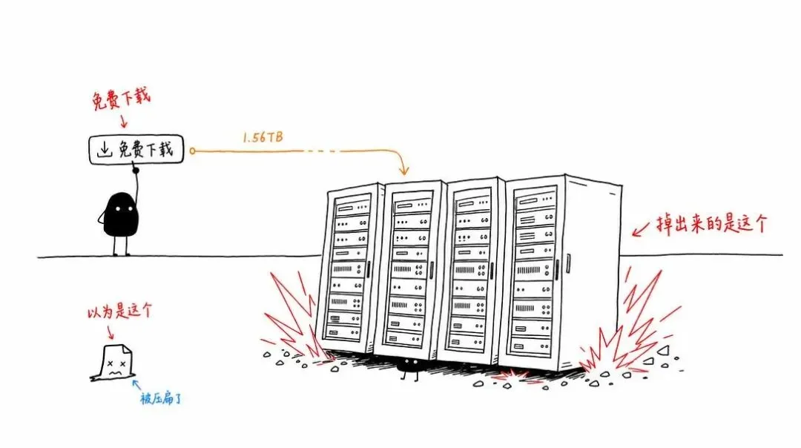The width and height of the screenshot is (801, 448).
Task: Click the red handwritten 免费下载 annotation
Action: tap(122, 99)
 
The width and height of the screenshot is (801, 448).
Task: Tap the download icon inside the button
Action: tap(105, 149)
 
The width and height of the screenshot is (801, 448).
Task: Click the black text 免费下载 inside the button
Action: tap(146, 149)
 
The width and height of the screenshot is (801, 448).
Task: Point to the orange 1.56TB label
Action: tap(263, 137)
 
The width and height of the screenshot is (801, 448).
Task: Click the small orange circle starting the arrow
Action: tap(192, 151)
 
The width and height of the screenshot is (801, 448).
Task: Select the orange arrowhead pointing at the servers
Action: tap(403, 169)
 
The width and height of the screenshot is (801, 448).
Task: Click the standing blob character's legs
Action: tap(121, 246)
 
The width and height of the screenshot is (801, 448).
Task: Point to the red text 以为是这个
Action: tap(119, 311)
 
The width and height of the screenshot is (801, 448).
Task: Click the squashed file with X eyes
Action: tap(113, 363)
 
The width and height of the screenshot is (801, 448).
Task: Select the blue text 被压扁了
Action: tap(160, 398)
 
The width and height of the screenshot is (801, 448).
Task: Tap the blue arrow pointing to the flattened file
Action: tap(136, 384)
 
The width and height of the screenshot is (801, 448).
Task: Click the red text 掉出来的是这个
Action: tap(711, 224)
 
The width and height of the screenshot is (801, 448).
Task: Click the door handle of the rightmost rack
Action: tap(567, 263)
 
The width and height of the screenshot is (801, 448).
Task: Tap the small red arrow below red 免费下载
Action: tap(123, 121)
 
